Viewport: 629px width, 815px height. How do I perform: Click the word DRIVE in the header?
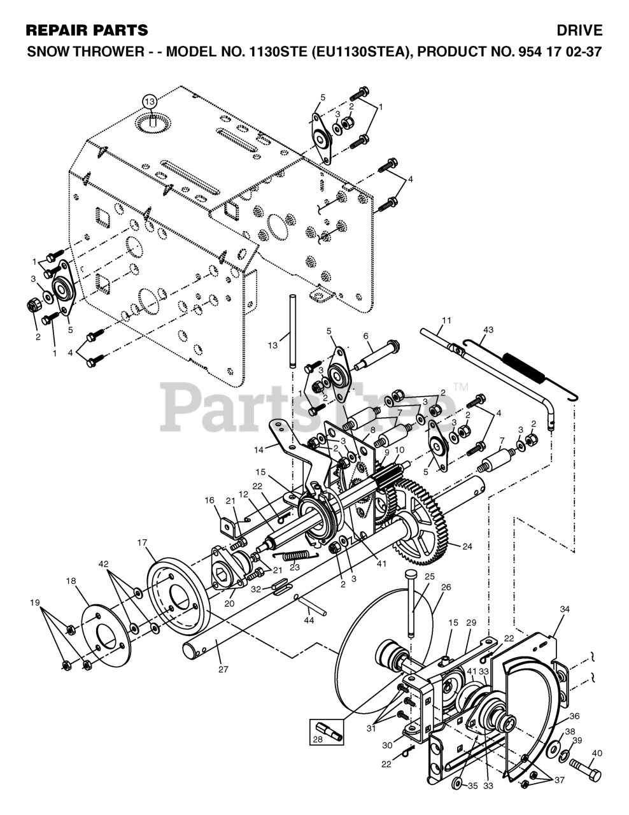579,30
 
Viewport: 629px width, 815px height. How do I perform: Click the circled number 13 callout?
149,101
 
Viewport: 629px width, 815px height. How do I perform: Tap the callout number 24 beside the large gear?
467,546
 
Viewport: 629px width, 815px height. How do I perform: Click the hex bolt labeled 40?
585,772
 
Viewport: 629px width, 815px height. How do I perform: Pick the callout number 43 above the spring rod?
488,330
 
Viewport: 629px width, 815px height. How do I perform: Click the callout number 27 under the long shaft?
223,669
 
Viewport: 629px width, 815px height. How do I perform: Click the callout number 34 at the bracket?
564,609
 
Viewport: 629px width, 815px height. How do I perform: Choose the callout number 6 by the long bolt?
366,336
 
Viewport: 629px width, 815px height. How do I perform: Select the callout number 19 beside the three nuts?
36,602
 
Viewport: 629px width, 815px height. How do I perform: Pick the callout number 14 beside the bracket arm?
258,450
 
